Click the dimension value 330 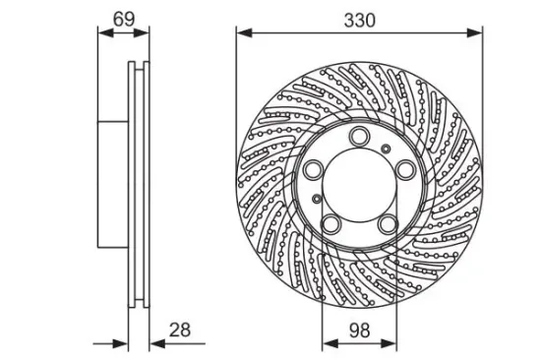click(359, 21)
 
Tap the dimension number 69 click(124, 20)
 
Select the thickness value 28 click(180, 330)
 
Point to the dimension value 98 click(359, 330)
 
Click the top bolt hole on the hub click(359, 137)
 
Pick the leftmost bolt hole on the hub click(314, 169)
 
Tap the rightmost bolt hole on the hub click(404, 169)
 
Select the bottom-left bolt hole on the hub click(331, 223)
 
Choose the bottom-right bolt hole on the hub click(388, 223)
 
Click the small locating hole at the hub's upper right click(386, 149)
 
